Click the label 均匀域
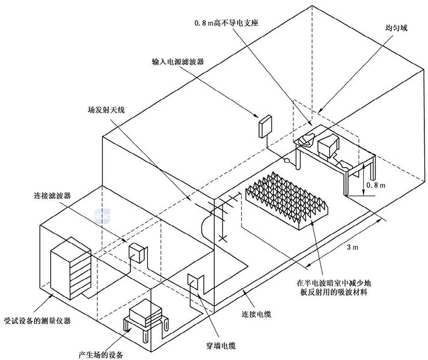tap(396, 28)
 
